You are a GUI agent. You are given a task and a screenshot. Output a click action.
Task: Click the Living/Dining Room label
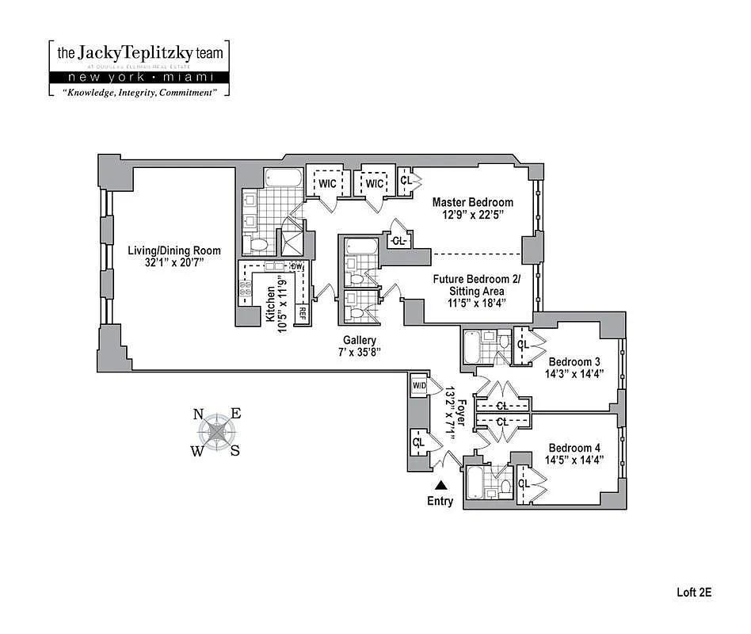click(x=174, y=250)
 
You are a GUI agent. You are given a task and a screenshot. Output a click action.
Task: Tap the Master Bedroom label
click(x=472, y=202)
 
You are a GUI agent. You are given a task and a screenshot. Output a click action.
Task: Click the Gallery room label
click(x=359, y=340)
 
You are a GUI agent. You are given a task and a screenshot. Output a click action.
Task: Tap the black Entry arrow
click(x=440, y=485)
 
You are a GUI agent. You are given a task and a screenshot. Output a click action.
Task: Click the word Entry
click(x=440, y=501)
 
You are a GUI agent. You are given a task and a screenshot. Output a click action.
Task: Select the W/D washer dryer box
click(x=418, y=386)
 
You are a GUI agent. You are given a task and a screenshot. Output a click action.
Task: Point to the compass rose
click(x=217, y=433)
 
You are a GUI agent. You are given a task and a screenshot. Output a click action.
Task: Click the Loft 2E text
click(x=694, y=591)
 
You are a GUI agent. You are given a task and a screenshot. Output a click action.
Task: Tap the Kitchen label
click(x=271, y=304)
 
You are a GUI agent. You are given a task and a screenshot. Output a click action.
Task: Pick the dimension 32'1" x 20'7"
click(x=174, y=262)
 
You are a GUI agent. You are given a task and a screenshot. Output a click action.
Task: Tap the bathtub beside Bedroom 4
click(x=475, y=480)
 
